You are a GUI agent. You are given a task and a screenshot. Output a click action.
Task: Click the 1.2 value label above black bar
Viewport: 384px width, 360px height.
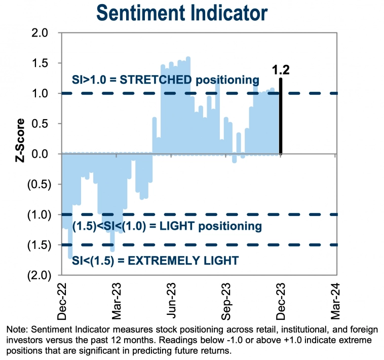[x=280, y=70]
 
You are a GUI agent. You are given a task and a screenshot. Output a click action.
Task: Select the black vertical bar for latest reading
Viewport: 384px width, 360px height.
[x=280, y=117]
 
